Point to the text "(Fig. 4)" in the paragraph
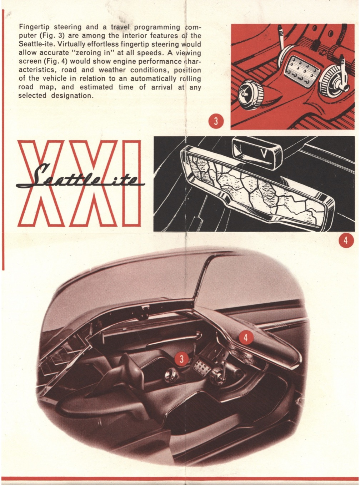click(x=55, y=61)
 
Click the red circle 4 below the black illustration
click(x=345, y=240)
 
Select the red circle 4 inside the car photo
click(x=246, y=337)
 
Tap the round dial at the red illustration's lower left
click(x=250, y=94)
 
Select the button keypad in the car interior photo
click(x=202, y=365)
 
